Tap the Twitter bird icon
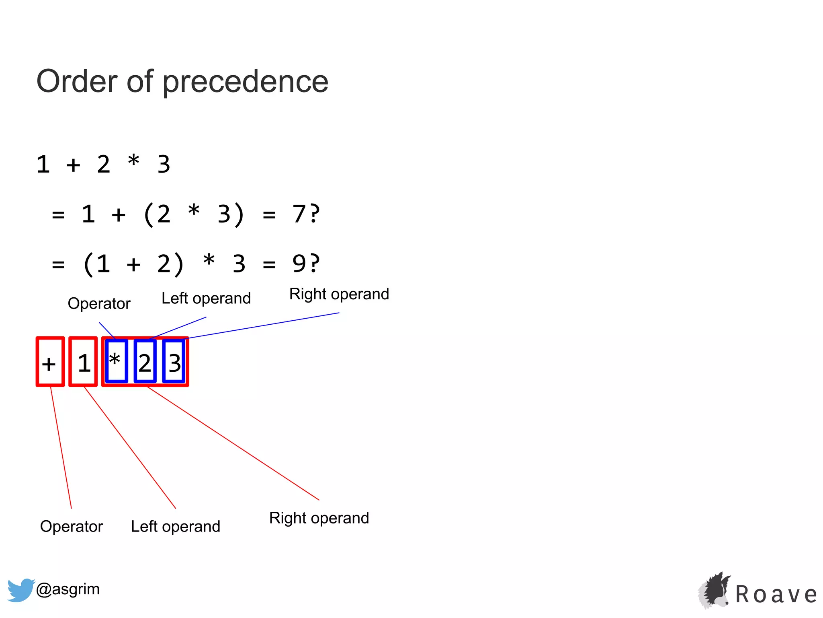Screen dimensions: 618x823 pos(20,590)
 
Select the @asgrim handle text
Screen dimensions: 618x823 pos(68,589)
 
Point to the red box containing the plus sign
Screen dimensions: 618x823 pos(50,362)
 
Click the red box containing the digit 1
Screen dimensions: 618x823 pos(83,362)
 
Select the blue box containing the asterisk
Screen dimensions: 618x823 pos(116,361)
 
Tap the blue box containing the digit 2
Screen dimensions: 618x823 pos(145,361)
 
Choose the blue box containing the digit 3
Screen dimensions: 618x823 pos(174,361)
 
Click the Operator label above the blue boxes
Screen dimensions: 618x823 pos(99,303)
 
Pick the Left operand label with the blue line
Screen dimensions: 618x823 pos(206,299)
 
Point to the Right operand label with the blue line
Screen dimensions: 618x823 pos(339,294)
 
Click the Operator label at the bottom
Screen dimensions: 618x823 pos(72,526)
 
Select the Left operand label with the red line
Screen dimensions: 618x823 pos(176,526)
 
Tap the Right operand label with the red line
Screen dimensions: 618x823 pos(319,518)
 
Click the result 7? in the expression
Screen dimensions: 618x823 pos(305,214)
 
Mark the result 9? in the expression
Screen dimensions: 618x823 pos(305,264)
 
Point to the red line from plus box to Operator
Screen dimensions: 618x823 pos(61,447)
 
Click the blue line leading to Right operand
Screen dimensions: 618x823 pos(263,325)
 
